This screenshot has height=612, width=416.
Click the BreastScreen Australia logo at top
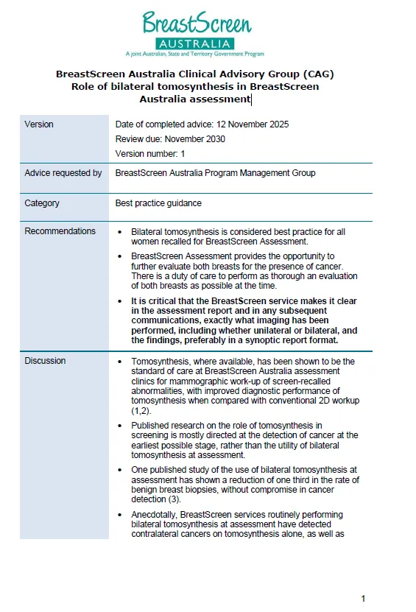(196, 31)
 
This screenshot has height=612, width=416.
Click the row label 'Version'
(39, 124)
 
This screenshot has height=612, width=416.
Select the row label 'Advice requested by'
(63, 173)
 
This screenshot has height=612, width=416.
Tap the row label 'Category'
(42, 203)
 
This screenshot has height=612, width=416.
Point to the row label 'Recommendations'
(60, 231)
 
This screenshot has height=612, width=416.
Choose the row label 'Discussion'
(45, 361)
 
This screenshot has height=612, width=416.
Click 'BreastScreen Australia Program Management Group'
(215, 173)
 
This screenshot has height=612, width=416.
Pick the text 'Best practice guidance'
(158, 203)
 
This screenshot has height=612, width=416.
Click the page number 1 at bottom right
(363, 598)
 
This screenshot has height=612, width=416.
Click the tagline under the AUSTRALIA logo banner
(194, 54)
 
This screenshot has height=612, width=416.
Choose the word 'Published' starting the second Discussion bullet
(151, 426)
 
